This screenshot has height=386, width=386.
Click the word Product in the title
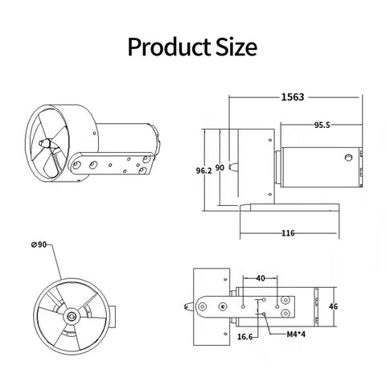[x=169, y=47]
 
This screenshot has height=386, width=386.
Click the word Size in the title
[x=236, y=47]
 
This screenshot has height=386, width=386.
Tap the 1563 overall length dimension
[x=293, y=97]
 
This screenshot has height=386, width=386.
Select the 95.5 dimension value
[x=322, y=125]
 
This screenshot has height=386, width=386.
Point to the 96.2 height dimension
[x=203, y=170]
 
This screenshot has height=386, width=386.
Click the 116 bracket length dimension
[x=288, y=233]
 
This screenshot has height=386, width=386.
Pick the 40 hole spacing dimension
[x=261, y=278]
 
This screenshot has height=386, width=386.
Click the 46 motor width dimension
[x=333, y=306]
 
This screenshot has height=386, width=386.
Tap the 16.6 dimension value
[x=245, y=337]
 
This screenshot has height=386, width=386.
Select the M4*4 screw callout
[x=296, y=335]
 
